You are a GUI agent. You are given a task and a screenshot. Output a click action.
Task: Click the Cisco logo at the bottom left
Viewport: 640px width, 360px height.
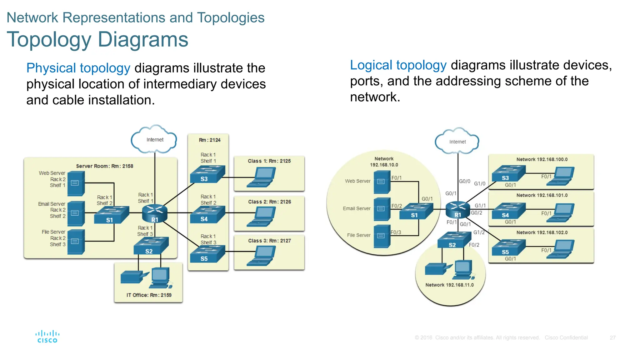(x=47, y=337)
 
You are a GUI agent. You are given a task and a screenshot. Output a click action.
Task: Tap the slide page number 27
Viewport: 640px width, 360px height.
(x=612, y=338)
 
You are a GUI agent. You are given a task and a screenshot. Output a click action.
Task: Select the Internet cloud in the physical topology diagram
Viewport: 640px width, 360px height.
(x=154, y=139)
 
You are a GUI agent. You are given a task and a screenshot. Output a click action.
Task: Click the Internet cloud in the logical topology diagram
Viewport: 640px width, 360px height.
(x=457, y=142)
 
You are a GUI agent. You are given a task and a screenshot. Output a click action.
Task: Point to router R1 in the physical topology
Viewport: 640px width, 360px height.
(x=155, y=213)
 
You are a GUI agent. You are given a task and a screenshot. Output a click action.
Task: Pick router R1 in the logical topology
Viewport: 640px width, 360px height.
(x=458, y=210)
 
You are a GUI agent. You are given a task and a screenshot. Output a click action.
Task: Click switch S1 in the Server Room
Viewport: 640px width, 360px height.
(x=111, y=215)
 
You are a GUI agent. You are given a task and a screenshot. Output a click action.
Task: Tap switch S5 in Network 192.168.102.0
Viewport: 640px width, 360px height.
(x=508, y=248)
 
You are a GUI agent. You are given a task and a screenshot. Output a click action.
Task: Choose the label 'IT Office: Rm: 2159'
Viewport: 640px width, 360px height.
(x=149, y=295)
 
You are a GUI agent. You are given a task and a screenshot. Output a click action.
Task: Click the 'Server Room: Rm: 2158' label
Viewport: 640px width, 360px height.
(x=104, y=166)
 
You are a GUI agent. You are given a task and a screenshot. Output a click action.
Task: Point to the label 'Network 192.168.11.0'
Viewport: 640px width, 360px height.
(x=449, y=285)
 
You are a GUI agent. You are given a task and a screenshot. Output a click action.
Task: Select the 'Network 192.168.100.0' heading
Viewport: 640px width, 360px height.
(x=542, y=159)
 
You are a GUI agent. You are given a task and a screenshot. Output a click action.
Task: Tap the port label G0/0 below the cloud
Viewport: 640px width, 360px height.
(x=464, y=181)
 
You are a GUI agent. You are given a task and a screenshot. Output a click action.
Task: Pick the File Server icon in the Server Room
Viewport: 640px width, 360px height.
(x=76, y=242)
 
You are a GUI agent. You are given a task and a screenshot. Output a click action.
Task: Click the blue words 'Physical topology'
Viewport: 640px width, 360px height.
(x=78, y=68)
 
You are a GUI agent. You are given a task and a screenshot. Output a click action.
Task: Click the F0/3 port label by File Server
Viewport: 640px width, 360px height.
(x=396, y=232)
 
